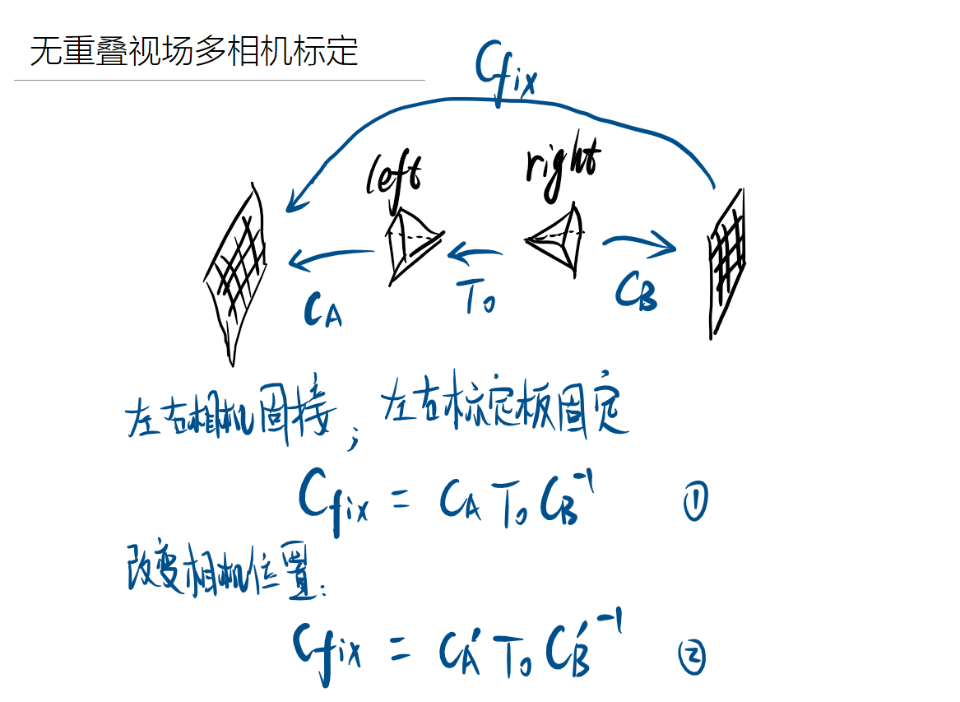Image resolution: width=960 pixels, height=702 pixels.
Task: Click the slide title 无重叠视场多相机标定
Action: [194, 52]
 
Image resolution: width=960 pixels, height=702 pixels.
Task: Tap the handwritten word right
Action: [563, 169]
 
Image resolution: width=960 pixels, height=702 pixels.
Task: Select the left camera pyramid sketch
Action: [411, 244]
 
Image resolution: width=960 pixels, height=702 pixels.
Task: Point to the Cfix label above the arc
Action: [504, 76]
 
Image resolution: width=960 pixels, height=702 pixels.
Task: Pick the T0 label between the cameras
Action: [479, 298]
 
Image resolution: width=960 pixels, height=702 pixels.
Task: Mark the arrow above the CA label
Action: [329, 258]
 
